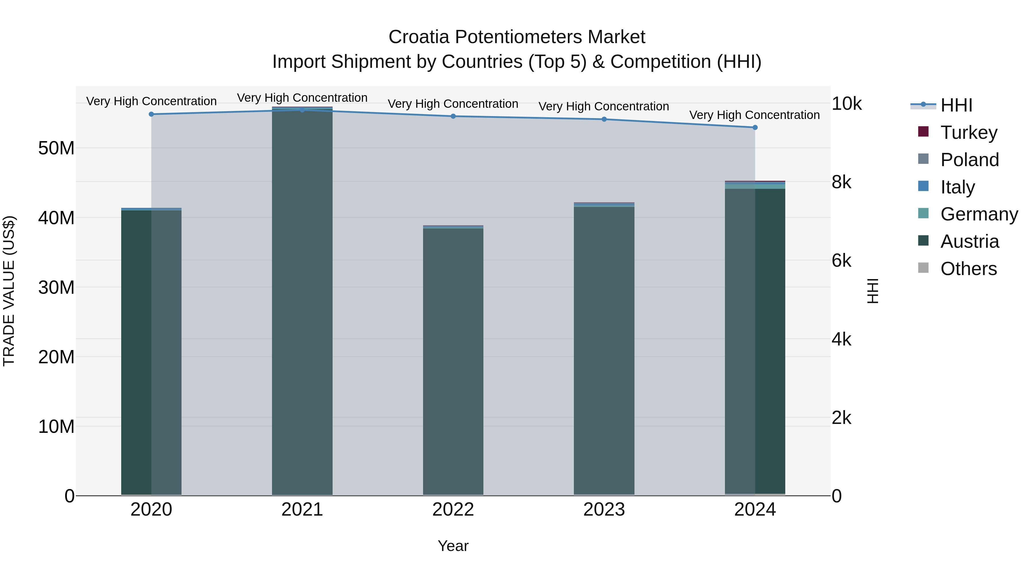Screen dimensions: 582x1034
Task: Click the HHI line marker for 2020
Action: tap(151, 114)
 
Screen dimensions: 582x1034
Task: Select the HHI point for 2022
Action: tap(453, 116)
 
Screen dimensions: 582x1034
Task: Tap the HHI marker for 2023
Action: tap(604, 119)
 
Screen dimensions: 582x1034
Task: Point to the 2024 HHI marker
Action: tap(755, 128)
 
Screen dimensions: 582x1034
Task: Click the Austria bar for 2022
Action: tap(453, 362)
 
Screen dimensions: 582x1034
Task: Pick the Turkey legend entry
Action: tap(968, 132)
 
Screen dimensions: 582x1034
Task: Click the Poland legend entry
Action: tap(969, 160)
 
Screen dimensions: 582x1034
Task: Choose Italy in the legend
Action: tap(957, 187)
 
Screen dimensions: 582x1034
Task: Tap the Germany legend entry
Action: tap(979, 214)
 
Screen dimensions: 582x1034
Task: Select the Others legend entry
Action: tap(968, 269)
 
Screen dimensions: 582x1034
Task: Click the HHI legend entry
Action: tap(956, 105)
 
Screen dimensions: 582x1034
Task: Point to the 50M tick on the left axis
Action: tap(56, 148)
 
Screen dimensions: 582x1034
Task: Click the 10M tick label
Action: tap(56, 427)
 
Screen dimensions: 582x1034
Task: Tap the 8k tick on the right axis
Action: tap(841, 182)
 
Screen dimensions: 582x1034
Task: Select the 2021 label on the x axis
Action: tap(302, 510)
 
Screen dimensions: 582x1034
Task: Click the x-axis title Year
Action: tap(453, 546)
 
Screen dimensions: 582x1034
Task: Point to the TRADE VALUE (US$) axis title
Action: tap(9, 291)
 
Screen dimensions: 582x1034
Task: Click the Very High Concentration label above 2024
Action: tap(755, 115)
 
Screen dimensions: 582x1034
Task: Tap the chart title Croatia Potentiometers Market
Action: tap(517, 37)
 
